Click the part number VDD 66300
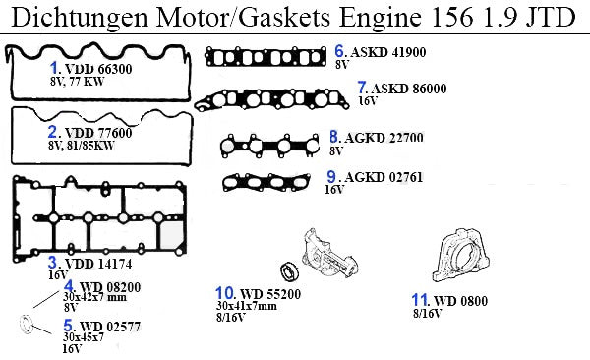98,69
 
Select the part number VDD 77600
98,133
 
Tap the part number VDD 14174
98,264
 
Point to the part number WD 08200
110,287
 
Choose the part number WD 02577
110,327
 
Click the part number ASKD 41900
388,52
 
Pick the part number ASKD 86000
409,89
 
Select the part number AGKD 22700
383,138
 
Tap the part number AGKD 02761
383,177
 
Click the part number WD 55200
270,294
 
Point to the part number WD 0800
460,301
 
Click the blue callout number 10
225,293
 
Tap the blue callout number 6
339,51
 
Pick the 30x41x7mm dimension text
247,306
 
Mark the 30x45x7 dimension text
84,337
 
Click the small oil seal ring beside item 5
27,325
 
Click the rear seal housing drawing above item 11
460,256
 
